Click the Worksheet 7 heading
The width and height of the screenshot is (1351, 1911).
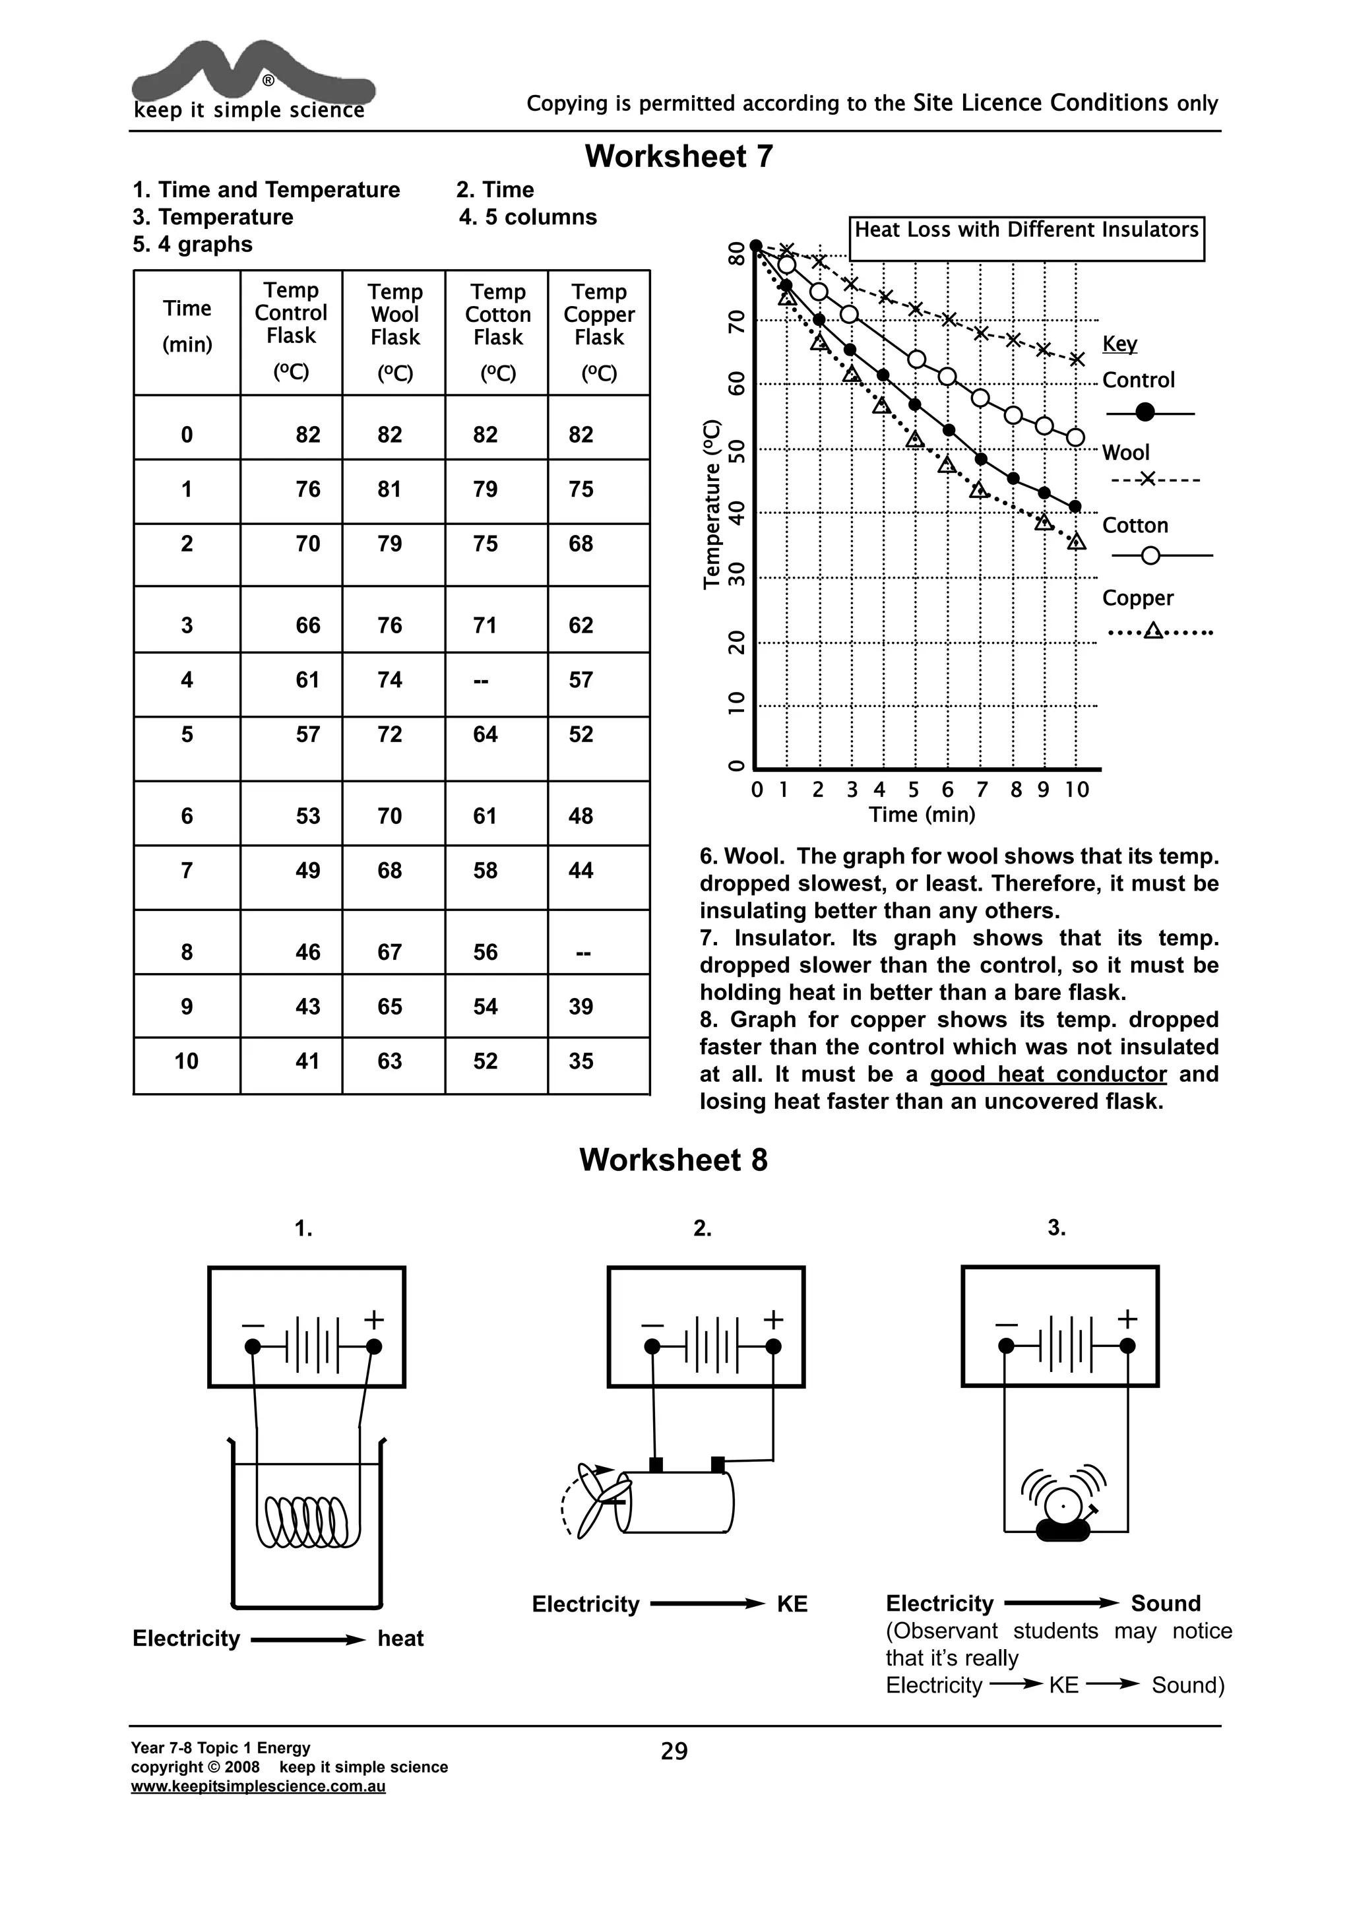pyautogui.click(x=678, y=156)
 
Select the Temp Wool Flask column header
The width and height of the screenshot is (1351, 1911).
pyautogui.click(x=394, y=315)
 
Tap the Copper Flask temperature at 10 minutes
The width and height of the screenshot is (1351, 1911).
pyautogui.click(x=581, y=1061)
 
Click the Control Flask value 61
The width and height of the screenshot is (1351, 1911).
pyautogui.click(x=308, y=680)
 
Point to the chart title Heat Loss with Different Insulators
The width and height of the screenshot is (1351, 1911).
pyautogui.click(x=1026, y=231)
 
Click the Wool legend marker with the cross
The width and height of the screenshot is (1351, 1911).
pyautogui.click(x=1148, y=480)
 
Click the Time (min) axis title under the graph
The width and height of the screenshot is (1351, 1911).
pyautogui.click(x=922, y=815)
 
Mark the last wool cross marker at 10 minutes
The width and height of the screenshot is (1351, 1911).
pyautogui.click(x=1077, y=360)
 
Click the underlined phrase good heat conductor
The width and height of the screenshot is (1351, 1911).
pyautogui.click(x=1048, y=1075)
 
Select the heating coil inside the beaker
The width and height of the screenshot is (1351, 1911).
pyautogui.click(x=304, y=1521)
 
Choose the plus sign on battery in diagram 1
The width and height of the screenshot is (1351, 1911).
pyautogui.click(x=374, y=1319)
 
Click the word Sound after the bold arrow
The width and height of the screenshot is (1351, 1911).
pyautogui.click(x=1166, y=1604)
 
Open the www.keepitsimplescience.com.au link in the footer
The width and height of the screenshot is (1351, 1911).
pyautogui.click(x=258, y=1786)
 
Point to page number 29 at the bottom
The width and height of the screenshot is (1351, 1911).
pyautogui.click(x=674, y=1751)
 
